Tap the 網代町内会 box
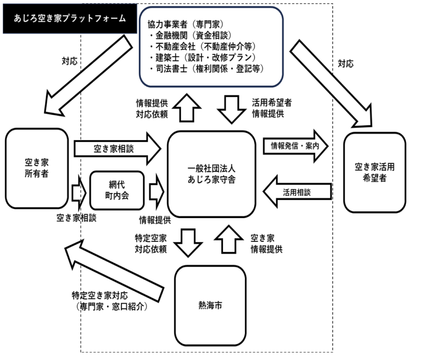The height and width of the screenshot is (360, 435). [x=117, y=190]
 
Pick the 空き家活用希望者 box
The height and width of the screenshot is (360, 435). [x=374, y=172]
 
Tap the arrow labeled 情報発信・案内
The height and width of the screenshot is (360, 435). [x=295, y=146]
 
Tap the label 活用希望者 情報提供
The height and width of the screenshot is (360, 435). [x=272, y=108]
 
